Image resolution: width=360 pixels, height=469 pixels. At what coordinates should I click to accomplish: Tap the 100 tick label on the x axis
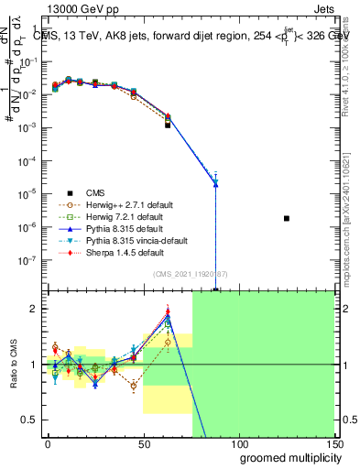click(238, 442)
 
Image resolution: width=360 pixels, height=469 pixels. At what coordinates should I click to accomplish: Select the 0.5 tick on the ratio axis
click(31, 420)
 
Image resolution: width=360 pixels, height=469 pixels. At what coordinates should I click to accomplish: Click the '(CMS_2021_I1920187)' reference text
click(191, 274)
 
